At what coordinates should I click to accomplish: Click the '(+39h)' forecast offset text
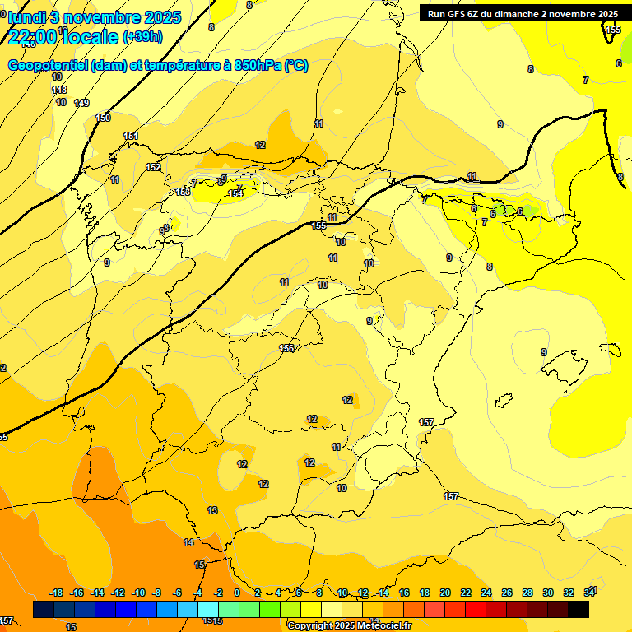142,37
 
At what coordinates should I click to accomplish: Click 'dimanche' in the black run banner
520,14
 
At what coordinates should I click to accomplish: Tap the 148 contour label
59,90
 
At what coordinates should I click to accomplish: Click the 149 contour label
81,103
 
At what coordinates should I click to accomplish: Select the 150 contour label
103,118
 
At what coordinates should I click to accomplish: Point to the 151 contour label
131,137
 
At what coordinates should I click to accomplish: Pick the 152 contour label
153,167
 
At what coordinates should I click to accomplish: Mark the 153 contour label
183,192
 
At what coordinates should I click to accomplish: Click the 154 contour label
235,193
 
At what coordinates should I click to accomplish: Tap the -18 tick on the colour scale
57,592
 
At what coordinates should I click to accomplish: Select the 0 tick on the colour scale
237,592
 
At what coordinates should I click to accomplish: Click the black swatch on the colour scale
579,609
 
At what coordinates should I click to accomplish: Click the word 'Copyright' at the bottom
310,625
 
